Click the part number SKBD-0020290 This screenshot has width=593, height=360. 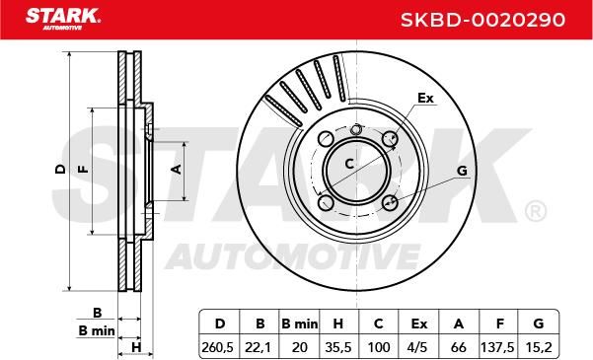pos(482,20)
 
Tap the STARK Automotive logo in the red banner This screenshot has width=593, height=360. pos(63,19)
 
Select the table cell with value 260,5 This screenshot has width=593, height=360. pos(219,347)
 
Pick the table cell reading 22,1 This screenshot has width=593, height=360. pos(259,347)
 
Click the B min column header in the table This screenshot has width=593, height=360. pos(300,324)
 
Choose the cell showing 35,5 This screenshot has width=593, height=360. pos(338,347)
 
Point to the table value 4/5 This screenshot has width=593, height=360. pos(418,347)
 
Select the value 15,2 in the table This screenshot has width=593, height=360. pos(538,347)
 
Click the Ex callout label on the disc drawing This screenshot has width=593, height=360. pos(425,98)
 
